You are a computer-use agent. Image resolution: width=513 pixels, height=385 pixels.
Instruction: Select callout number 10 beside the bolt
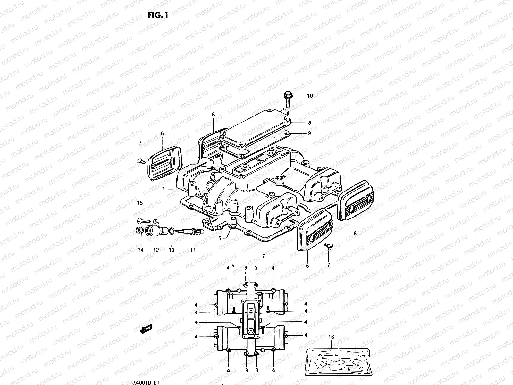pyautogui.click(x=310, y=96)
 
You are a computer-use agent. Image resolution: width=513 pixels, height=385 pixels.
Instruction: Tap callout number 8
pyautogui.click(x=309, y=123)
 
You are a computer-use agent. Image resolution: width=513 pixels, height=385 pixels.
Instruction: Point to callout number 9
pyautogui.click(x=309, y=133)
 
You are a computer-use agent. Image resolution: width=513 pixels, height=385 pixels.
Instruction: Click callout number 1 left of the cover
pyautogui.click(x=164, y=189)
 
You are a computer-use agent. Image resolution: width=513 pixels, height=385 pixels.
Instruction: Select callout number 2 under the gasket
pyautogui.click(x=264, y=256)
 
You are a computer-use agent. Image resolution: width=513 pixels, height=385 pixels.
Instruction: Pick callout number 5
pyautogui.click(x=220, y=238)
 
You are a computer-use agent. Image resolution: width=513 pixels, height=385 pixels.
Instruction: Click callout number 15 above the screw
pyautogui.click(x=140, y=203)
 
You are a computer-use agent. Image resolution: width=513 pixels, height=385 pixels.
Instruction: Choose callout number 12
pyautogui.click(x=156, y=250)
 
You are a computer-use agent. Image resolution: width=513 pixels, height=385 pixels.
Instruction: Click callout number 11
pyautogui.click(x=193, y=250)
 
